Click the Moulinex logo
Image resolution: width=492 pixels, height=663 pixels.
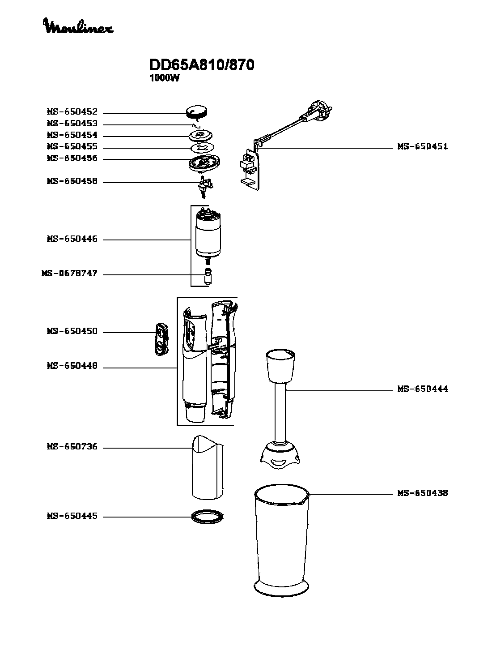click(78, 26)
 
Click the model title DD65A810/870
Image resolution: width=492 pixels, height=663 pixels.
click(202, 65)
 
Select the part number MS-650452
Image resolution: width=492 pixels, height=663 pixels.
click(72, 112)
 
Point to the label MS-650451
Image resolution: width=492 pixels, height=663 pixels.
click(422, 146)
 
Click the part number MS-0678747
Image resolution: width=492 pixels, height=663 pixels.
click(69, 274)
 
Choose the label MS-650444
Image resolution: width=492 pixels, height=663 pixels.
click(422, 389)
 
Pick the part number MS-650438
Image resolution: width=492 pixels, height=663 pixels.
click(422, 493)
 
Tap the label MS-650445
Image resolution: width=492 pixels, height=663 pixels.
click(72, 516)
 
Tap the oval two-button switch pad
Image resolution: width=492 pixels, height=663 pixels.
click(160, 339)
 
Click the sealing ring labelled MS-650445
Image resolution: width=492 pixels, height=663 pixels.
click(207, 516)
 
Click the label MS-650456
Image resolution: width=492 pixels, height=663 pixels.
click(72, 158)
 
